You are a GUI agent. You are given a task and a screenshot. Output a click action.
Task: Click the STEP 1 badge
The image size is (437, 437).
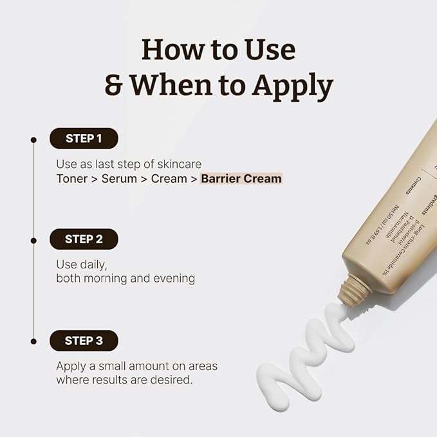84,138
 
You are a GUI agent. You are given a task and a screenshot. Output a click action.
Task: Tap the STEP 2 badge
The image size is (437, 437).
84,239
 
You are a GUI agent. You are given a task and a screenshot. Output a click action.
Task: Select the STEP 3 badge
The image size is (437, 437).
84,340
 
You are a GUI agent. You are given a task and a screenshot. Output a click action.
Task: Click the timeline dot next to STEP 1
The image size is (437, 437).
33,138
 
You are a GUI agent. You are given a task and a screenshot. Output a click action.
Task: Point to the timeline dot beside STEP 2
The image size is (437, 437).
33,239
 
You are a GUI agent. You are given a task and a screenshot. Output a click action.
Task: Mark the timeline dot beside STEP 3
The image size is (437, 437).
33,341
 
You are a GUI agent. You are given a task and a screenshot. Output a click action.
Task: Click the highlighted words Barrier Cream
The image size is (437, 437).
241,178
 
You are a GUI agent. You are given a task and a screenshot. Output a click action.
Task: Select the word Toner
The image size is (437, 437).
71,178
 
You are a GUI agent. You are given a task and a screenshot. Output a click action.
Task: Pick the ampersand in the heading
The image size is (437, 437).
113,85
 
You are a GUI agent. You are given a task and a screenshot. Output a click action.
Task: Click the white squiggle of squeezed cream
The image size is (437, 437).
302,360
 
